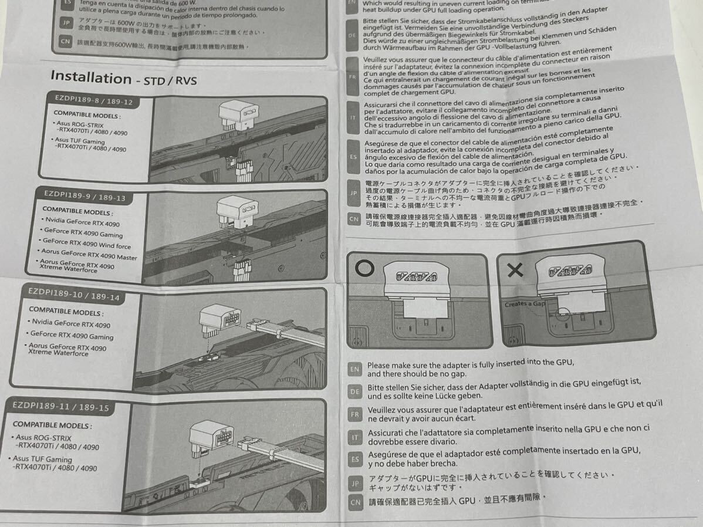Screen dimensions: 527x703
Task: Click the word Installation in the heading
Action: [91, 77]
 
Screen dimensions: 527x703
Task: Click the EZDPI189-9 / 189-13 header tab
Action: [85, 197]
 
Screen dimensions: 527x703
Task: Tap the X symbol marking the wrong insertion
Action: [515, 270]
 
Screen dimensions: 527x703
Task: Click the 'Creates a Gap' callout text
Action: [525, 305]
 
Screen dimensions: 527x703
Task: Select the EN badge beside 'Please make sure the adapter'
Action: [355, 369]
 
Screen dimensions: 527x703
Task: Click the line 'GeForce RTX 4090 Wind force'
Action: [87, 244]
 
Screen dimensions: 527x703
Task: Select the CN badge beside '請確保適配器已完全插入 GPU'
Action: [355, 502]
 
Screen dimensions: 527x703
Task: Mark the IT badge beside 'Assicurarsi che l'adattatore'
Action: [354, 437]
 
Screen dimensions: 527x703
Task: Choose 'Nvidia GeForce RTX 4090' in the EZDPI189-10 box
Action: [70, 323]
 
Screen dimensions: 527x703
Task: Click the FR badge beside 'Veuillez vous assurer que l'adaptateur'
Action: [354, 414]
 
